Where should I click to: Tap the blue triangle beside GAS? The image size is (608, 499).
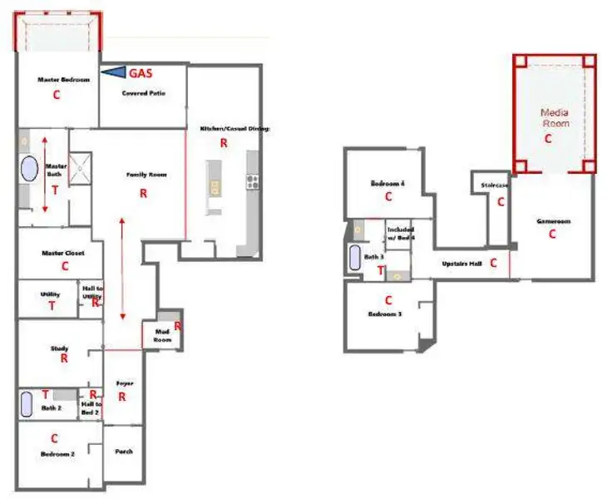111,73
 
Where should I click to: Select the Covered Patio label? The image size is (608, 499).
143,93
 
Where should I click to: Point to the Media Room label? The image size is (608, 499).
555,117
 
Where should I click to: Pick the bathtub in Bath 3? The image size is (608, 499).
355,258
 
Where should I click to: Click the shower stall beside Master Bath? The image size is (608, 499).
81,166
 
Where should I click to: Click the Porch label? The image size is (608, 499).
122,452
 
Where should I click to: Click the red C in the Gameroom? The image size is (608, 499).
551,235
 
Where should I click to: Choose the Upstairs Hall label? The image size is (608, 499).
462,263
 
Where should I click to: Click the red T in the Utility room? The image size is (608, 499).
52,306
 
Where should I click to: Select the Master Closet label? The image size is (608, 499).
60,253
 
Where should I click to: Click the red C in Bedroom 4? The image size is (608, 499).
388,197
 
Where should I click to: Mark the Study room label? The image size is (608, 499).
58,348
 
